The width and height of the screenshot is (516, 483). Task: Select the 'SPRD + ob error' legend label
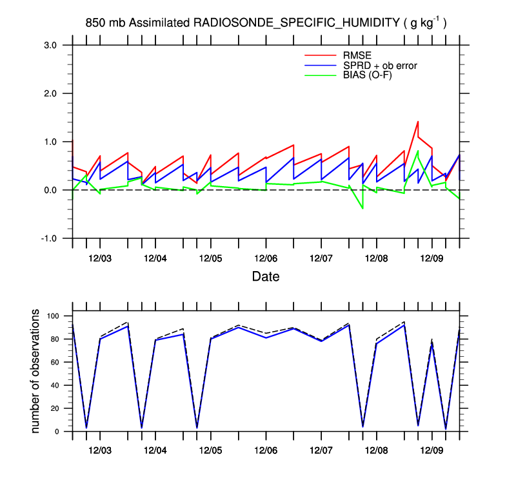click(x=380, y=65)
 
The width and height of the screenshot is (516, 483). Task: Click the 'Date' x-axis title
click(x=266, y=277)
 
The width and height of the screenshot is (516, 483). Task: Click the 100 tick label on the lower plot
click(x=52, y=316)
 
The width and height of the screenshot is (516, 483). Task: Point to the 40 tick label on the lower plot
click(x=55, y=385)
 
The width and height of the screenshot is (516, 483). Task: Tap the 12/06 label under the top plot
click(x=266, y=258)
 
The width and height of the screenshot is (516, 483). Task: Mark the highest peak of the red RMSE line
click(x=418, y=121)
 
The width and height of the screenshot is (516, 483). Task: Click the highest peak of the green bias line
click(x=418, y=151)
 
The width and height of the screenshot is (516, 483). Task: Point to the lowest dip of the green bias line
click(x=362, y=209)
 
